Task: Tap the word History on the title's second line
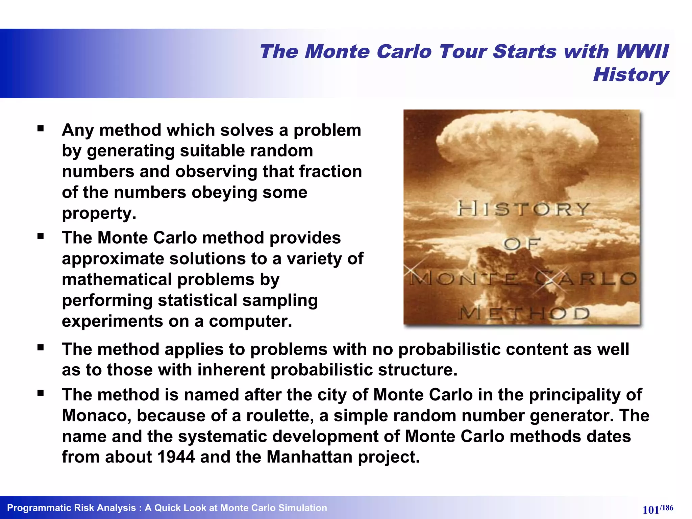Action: point(631,75)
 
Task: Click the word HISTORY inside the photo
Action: point(523,209)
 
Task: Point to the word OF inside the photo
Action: point(522,244)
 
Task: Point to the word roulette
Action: point(283,415)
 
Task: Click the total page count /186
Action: point(667,508)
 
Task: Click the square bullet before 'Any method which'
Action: point(41,128)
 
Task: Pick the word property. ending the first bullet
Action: point(99,214)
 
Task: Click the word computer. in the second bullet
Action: point(250,321)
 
